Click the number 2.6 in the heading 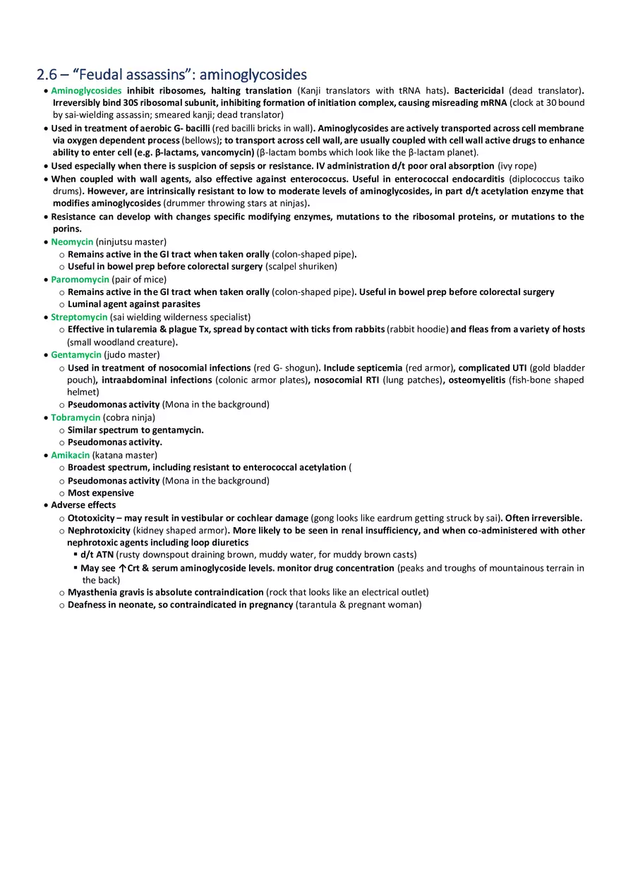(47, 75)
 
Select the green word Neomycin (72, 241)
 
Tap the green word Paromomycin (80, 279)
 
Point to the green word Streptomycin (79, 318)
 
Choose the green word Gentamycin (76, 355)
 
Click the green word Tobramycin (76, 418)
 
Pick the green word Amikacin (71, 455)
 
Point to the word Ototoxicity (91, 518)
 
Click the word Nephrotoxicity (99, 531)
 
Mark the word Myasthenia (92, 592)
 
